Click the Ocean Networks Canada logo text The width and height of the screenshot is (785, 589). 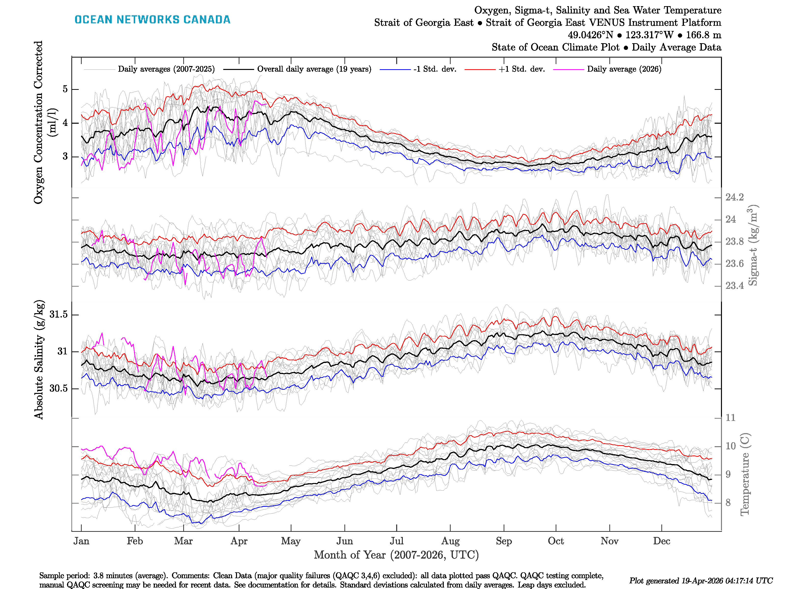click(152, 20)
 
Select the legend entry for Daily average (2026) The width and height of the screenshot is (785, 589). click(624, 69)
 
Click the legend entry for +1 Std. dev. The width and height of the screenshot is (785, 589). click(521, 69)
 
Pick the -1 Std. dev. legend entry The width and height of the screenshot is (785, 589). click(435, 69)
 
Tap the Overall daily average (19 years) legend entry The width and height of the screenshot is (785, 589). click(314, 69)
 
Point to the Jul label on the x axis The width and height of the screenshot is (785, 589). click(396, 541)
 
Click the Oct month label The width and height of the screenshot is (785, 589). click(556, 541)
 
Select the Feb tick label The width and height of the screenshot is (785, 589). click(135, 541)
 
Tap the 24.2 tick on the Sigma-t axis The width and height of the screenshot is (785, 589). click(734, 197)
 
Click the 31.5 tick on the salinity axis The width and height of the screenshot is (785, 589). click(59, 315)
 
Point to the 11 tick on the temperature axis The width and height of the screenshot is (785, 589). click(730, 418)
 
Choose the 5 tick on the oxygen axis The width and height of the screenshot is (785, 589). click(65, 89)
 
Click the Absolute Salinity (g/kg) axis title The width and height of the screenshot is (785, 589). click(39, 360)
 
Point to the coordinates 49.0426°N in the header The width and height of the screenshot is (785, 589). click(590, 35)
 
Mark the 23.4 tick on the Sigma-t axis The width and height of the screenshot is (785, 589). click(734, 286)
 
